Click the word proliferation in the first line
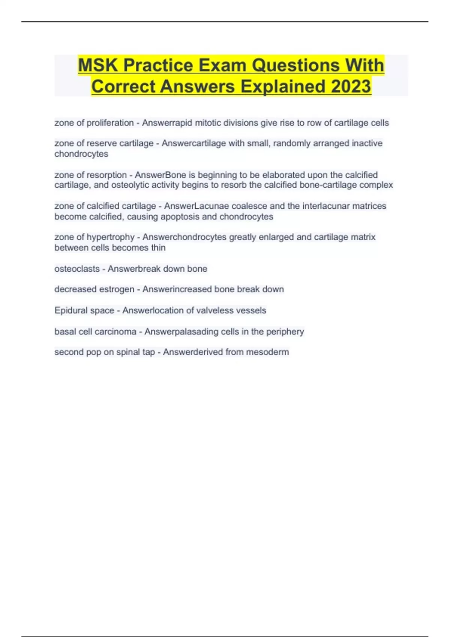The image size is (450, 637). click(110, 123)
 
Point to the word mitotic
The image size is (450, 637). click(207, 123)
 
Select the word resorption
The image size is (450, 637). click(107, 175)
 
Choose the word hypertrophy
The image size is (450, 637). click(111, 237)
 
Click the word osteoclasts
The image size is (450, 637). click(77, 269)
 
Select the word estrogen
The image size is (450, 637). click(116, 289)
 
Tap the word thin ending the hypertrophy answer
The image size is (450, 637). click(158, 248)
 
